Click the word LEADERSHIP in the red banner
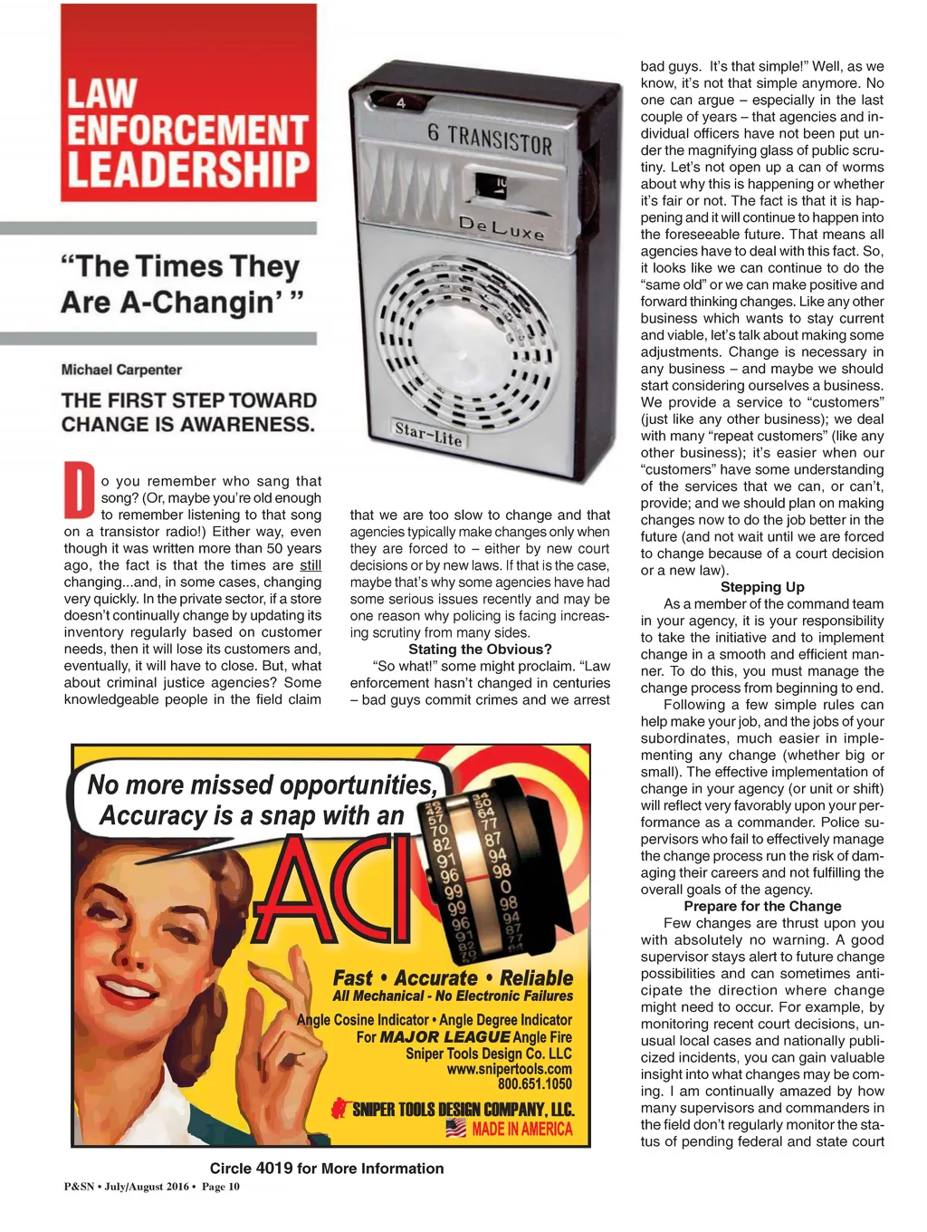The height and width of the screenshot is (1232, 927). [188, 169]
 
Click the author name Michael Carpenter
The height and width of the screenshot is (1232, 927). [121, 370]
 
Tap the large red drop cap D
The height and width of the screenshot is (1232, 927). [80, 490]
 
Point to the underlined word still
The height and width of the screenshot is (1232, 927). [311, 565]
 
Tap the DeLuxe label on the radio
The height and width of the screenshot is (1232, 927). [502, 227]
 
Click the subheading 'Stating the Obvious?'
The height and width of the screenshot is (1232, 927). [480, 650]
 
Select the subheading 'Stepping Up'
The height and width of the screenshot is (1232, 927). [762, 587]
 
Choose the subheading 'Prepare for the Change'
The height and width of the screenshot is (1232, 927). [762, 906]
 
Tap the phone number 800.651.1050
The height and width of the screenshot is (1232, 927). [535, 1084]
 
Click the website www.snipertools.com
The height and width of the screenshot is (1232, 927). [510, 1069]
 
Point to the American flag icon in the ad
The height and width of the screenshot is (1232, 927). [456, 1129]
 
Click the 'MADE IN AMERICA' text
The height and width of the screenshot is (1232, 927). [522, 1129]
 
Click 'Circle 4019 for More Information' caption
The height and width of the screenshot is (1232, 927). [327, 1169]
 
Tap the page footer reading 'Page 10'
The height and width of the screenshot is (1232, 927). [221, 1187]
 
